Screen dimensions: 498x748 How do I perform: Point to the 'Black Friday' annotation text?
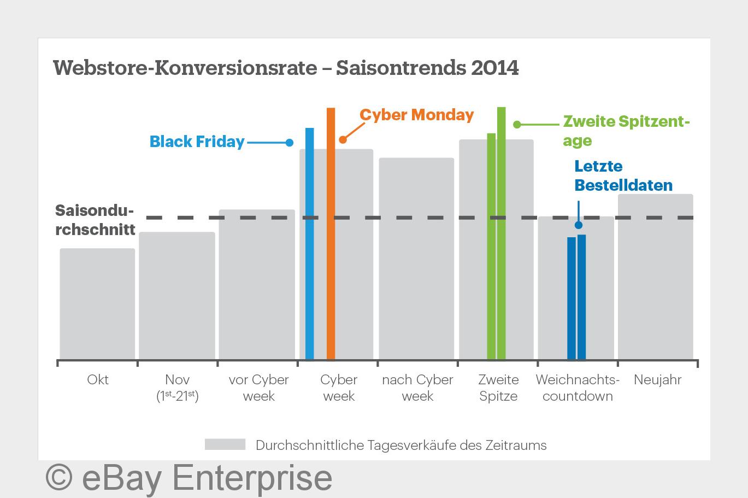(x=197, y=142)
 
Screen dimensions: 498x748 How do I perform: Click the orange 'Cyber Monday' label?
(x=416, y=115)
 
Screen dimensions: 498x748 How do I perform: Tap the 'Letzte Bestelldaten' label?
(x=623, y=175)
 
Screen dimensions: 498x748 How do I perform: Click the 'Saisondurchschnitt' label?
(x=95, y=220)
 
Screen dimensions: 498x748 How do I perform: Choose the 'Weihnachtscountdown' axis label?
(x=578, y=388)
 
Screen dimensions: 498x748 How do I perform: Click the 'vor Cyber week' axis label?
(x=258, y=388)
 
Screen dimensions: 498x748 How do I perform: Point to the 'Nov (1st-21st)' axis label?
(x=178, y=388)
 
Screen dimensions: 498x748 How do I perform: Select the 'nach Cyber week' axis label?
(x=417, y=388)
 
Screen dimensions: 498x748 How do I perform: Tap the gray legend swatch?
(x=225, y=444)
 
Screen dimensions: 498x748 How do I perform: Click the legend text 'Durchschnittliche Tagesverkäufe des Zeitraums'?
(x=401, y=445)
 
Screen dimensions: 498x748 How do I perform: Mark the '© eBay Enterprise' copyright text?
(x=189, y=477)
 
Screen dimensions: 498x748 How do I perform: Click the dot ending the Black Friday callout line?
(x=290, y=143)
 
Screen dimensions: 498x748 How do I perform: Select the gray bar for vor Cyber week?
(x=257, y=284)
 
